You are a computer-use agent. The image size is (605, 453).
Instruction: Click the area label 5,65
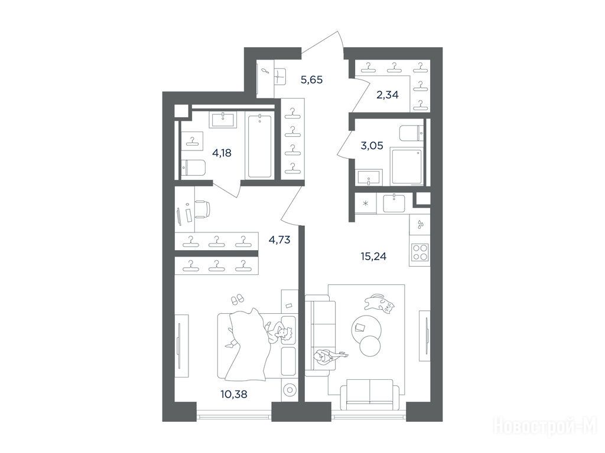pyautogui.click(x=311, y=80)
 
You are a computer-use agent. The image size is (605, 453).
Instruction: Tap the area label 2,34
pyautogui.click(x=388, y=95)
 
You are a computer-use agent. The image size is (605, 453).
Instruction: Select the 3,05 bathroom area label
pyautogui.click(x=372, y=146)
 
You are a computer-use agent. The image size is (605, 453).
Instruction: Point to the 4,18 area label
pyautogui.click(x=222, y=153)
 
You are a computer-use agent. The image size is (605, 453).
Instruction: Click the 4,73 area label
pyautogui.click(x=279, y=240)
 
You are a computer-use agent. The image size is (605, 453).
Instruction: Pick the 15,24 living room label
pyautogui.click(x=373, y=256)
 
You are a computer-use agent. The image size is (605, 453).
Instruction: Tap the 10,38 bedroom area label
pyautogui.click(x=234, y=394)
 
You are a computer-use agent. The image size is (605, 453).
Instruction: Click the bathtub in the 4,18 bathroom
pyautogui.click(x=259, y=146)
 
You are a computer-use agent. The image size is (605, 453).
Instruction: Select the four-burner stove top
pyautogui.click(x=420, y=253)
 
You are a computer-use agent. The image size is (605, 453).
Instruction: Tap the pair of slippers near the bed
pyautogui.click(x=237, y=298)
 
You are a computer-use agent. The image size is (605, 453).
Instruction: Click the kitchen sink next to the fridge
pyautogui.click(x=394, y=203)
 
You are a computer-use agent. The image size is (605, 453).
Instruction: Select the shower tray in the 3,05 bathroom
pyautogui.click(x=406, y=166)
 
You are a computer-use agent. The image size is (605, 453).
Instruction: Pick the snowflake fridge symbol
pyautogui.click(x=366, y=203)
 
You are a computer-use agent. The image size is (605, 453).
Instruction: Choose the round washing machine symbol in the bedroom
pyautogui.click(x=289, y=390)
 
